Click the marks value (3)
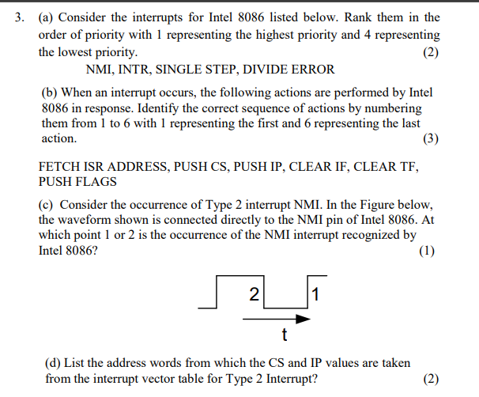tap(431, 138)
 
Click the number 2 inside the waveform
tap(253, 295)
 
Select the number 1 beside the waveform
tap(315, 296)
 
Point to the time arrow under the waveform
tap(276, 319)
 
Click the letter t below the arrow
tap(284, 335)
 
